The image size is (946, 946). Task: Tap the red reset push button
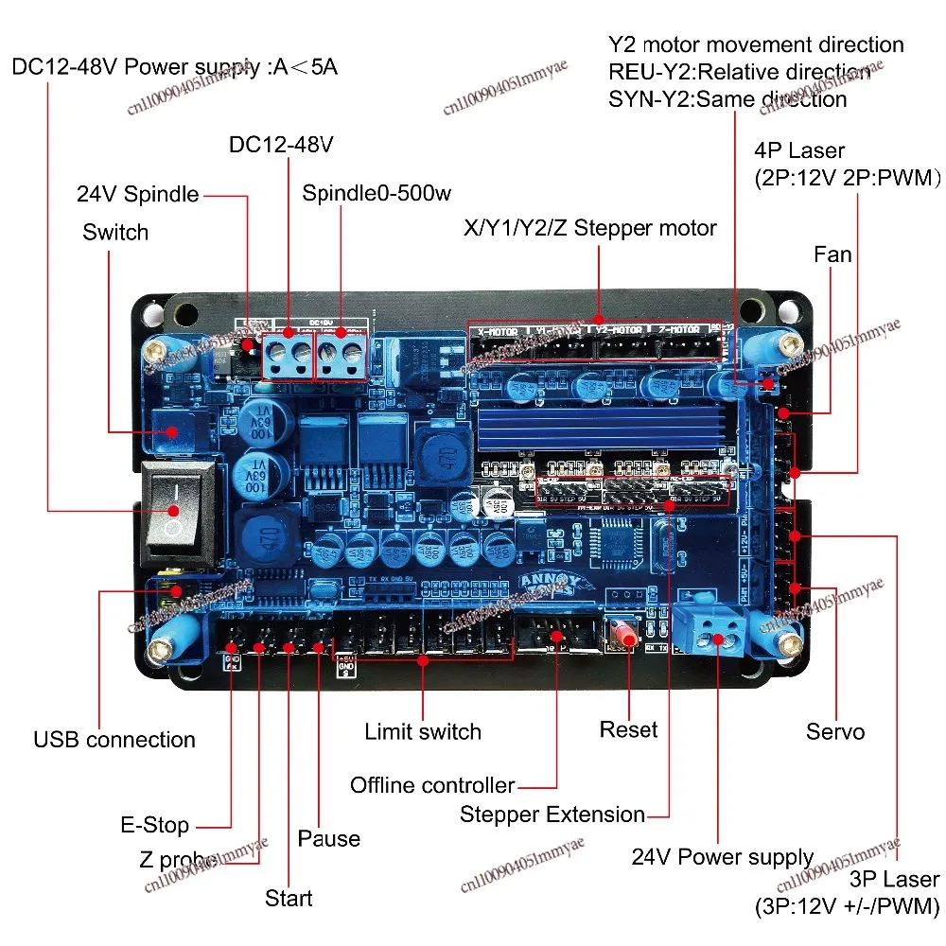[x=625, y=635]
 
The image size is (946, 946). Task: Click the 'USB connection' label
[x=114, y=740]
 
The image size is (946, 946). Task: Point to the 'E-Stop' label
[x=154, y=826]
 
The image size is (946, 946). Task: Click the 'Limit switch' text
[x=423, y=731]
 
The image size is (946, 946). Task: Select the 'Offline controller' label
[x=432, y=785]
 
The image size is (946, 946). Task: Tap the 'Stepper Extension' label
[x=552, y=815]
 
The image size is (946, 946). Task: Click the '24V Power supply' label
[x=722, y=857]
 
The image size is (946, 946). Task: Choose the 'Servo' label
[x=834, y=731]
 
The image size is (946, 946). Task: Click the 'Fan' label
[x=832, y=254]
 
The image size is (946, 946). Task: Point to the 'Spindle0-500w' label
[x=377, y=194]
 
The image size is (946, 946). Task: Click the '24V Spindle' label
[x=138, y=195]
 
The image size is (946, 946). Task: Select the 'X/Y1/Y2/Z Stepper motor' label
[x=589, y=228]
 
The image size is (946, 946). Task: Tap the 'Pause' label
[x=328, y=839]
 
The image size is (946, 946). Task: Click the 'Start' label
[x=289, y=898]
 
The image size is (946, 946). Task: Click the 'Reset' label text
[x=628, y=730]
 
